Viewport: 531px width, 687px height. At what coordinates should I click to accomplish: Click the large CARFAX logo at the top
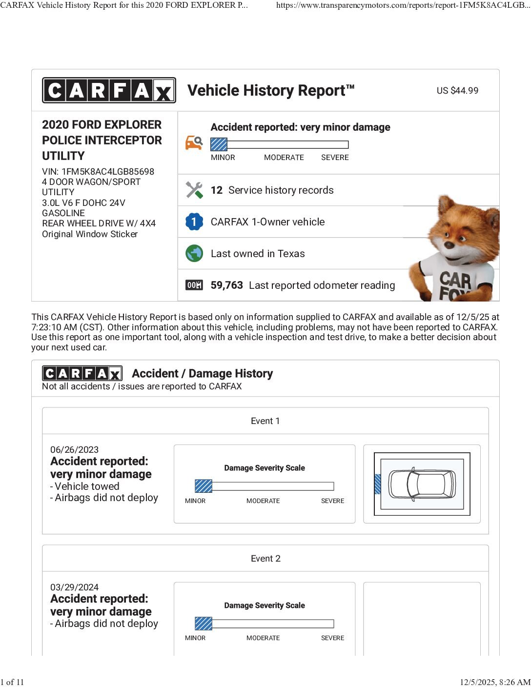[x=109, y=90]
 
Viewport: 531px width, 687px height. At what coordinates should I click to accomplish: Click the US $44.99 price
[x=457, y=91]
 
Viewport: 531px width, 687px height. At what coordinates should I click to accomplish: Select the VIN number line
[x=98, y=172]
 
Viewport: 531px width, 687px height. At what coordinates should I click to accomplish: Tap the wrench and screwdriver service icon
[x=194, y=190]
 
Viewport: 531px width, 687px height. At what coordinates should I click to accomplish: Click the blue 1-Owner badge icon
[x=194, y=222]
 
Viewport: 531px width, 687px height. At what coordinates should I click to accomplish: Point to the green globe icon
[x=194, y=254]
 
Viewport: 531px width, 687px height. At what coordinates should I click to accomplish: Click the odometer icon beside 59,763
[x=194, y=285]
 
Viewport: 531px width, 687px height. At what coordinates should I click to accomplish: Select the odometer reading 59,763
[x=226, y=285]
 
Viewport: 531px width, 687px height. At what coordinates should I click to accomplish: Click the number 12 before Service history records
[x=217, y=190]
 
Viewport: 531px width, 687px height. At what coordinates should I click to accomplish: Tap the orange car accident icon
[x=194, y=142]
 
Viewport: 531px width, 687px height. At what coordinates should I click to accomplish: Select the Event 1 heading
[x=265, y=421]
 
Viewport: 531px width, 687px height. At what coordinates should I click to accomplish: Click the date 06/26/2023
[x=74, y=450]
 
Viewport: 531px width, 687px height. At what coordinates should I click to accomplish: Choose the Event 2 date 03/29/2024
[x=74, y=587]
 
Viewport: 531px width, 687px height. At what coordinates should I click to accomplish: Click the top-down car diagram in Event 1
[x=422, y=484]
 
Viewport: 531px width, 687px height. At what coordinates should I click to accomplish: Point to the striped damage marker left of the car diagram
[x=377, y=484]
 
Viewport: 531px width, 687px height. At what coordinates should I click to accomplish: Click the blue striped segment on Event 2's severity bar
[x=204, y=624]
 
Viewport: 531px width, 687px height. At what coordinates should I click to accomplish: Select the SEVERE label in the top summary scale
[x=335, y=158]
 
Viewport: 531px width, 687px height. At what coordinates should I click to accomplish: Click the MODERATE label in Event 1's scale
[x=263, y=501]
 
